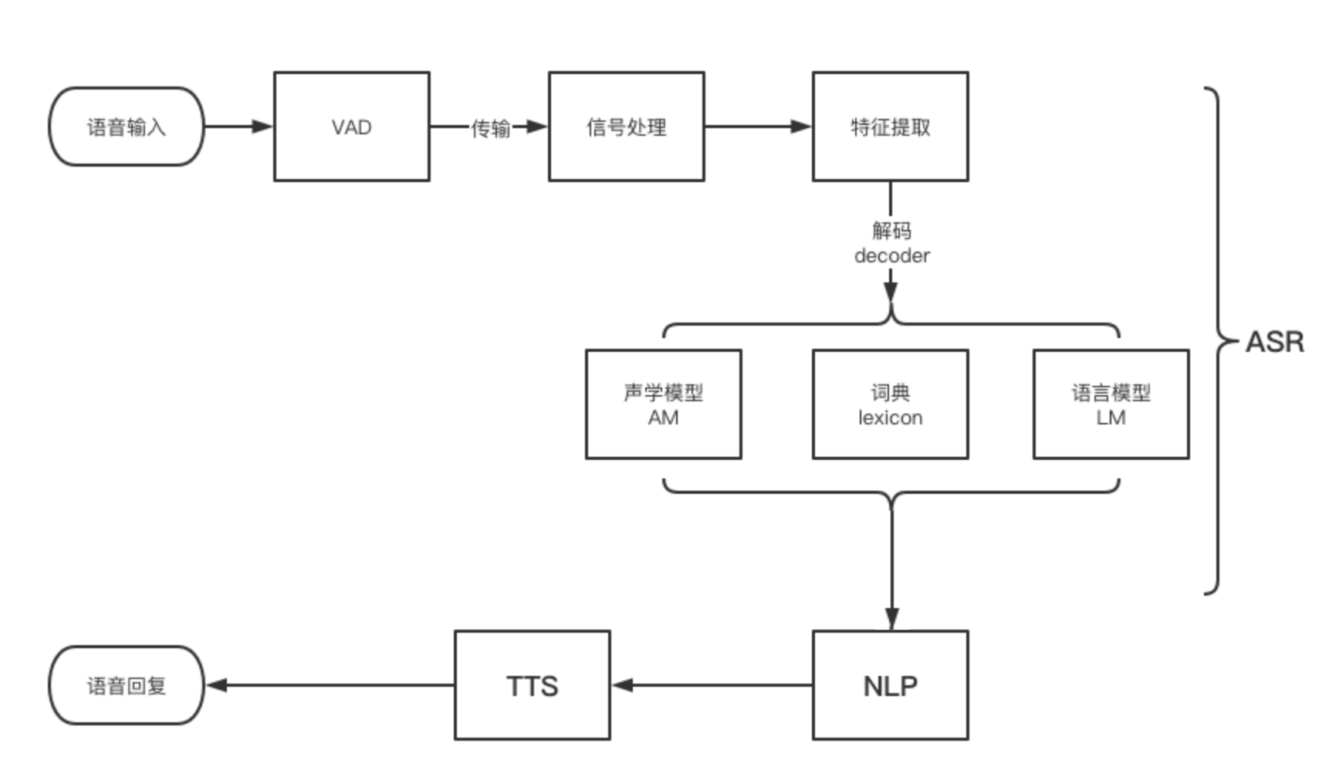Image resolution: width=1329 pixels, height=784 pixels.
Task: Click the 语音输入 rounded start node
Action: pos(126,127)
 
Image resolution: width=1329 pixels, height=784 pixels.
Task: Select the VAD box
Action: pos(351,127)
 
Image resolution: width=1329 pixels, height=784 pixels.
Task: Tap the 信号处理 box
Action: pos(626,127)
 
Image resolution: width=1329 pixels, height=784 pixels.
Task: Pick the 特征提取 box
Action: pos(890,127)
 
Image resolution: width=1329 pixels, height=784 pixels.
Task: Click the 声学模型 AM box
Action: pos(663,404)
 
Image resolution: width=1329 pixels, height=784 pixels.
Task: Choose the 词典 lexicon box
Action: pos(890,404)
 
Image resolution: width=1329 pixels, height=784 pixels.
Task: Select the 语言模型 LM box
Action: pos(1111,404)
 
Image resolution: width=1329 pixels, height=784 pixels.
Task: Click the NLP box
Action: pos(890,685)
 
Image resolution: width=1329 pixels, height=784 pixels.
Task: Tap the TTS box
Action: pos(532,685)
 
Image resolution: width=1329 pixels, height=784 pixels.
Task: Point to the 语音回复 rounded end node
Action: pos(126,685)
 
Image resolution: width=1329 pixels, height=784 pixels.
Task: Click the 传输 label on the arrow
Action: pos(491,128)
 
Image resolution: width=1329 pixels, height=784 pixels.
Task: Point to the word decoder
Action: pos(891,255)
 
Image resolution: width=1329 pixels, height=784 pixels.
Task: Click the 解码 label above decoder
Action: pos(891,230)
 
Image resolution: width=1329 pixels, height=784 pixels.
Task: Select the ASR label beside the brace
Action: pos(1274,342)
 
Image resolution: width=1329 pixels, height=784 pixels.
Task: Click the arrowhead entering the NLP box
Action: pos(891,619)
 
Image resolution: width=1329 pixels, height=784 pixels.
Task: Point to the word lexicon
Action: pos(890,417)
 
